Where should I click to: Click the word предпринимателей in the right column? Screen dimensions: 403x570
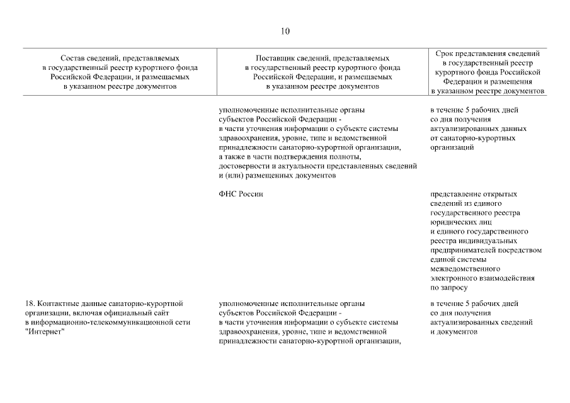click(465, 250)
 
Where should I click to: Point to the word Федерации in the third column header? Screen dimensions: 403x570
click(469, 81)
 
